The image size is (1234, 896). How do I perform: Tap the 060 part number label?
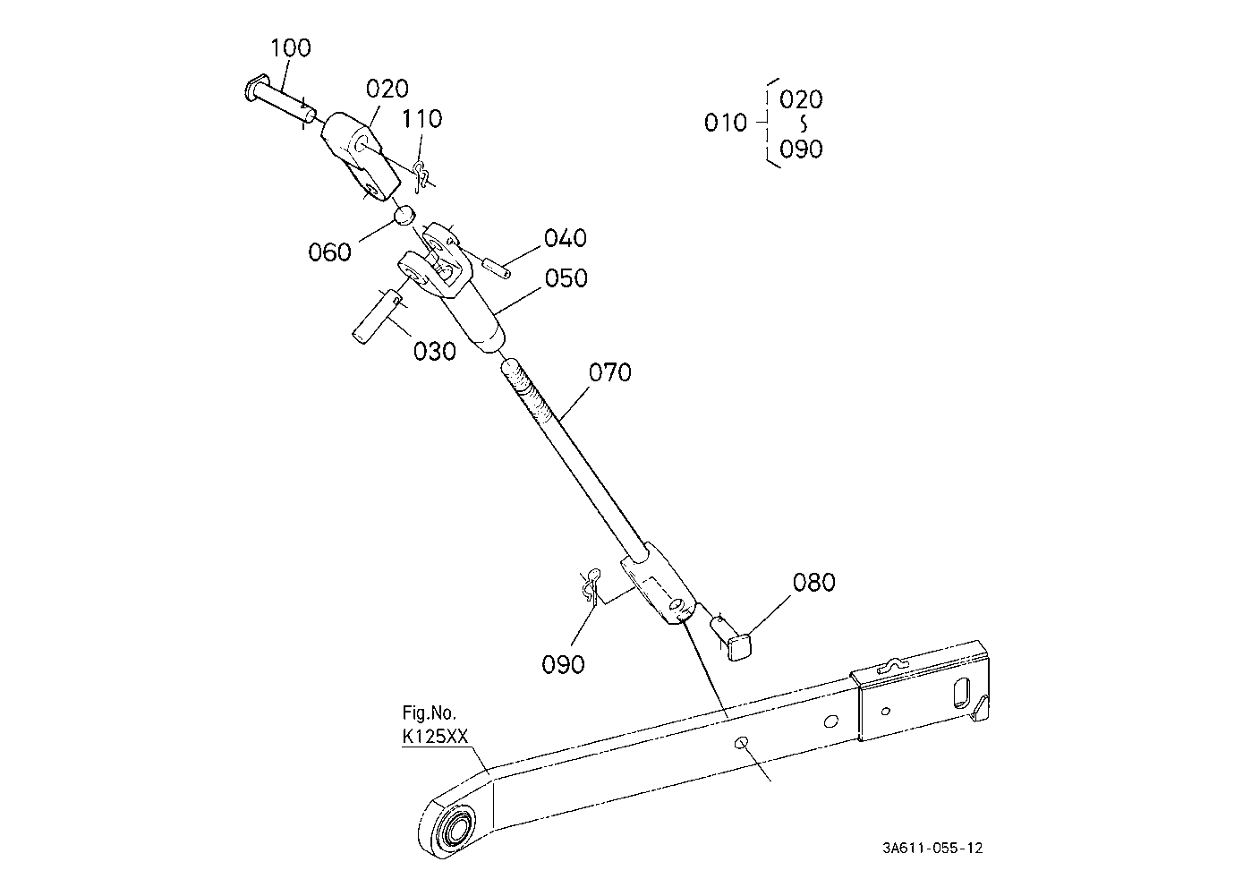[x=329, y=252]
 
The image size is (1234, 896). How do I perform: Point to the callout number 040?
[x=566, y=238]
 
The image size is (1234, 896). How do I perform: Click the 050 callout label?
[x=566, y=278]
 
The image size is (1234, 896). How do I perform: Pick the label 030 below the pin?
[x=434, y=351]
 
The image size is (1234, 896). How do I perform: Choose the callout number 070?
[x=609, y=371]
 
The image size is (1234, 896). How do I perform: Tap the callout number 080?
[x=813, y=582]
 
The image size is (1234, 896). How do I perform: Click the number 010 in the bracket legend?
[x=725, y=123]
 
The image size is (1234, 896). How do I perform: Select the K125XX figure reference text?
[x=435, y=737]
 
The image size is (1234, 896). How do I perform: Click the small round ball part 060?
[x=404, y=214]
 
